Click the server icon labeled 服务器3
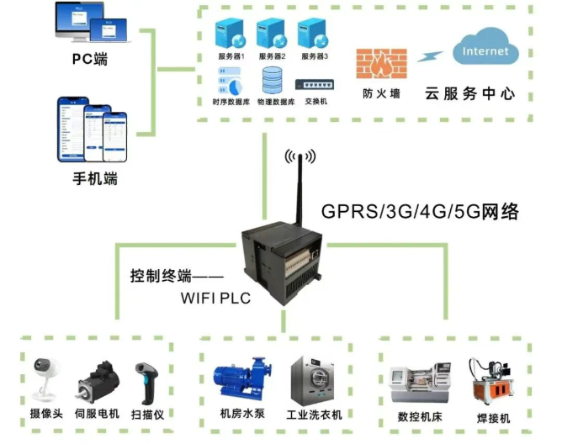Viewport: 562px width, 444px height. pos(314,34)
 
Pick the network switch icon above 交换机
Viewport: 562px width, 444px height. pos(314,84)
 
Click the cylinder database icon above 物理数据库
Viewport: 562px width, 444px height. pos(273,82)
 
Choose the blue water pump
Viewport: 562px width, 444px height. pos(244,379)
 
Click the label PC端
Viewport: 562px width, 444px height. pos(90,61)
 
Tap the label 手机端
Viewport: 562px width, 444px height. pos(93,178)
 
